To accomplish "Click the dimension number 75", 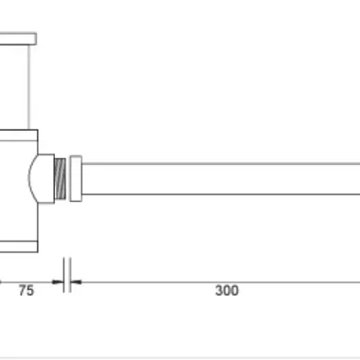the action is click(26, 291).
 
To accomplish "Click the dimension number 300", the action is click(226, 291).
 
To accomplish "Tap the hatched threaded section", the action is click(60, 179).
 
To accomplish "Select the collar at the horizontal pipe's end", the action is click(76, 178).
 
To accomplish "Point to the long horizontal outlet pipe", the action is click(221, 179).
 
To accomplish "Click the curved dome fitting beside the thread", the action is click(42, 179).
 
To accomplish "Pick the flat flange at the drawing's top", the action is click(18, 39).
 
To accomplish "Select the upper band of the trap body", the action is click(19, 135).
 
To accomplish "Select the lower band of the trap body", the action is click(19, 246).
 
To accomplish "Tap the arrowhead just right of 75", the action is click(58, 281).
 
